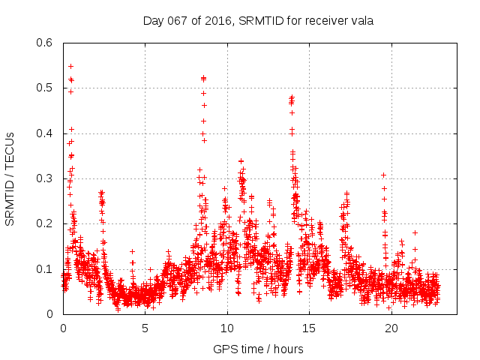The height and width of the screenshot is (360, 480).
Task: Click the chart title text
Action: click(258, 21)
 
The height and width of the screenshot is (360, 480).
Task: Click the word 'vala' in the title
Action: click(361, 21)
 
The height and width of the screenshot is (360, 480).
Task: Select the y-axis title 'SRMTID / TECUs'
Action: click(10, 178)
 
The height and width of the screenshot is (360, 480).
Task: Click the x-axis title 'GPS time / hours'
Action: click(258, 349)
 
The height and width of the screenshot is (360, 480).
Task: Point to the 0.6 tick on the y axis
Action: click(47, 43)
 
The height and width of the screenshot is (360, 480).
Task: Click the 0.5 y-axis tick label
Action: click(47, 88)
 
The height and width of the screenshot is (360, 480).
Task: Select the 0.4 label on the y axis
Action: click(47, 133)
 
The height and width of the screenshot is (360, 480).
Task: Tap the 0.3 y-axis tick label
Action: click(47, 178)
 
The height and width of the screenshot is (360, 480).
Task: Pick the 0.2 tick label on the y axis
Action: click(47, 223)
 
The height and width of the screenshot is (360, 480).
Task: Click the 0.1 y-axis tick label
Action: click(47, 269)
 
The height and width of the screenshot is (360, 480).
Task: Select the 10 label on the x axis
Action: click(227, 328)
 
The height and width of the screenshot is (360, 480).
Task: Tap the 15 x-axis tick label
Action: click(310, 328)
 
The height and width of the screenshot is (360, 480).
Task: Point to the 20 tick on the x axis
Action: click(391, 328)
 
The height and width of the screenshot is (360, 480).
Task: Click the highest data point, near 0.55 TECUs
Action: click(70, 66)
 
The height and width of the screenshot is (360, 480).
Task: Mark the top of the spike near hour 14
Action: click(292, 97)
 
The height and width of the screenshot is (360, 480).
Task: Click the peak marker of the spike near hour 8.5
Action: click(203, 77)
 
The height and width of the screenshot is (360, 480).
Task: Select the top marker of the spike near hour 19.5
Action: click(383, 175)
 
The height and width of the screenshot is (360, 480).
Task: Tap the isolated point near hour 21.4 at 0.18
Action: click(415, 232)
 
